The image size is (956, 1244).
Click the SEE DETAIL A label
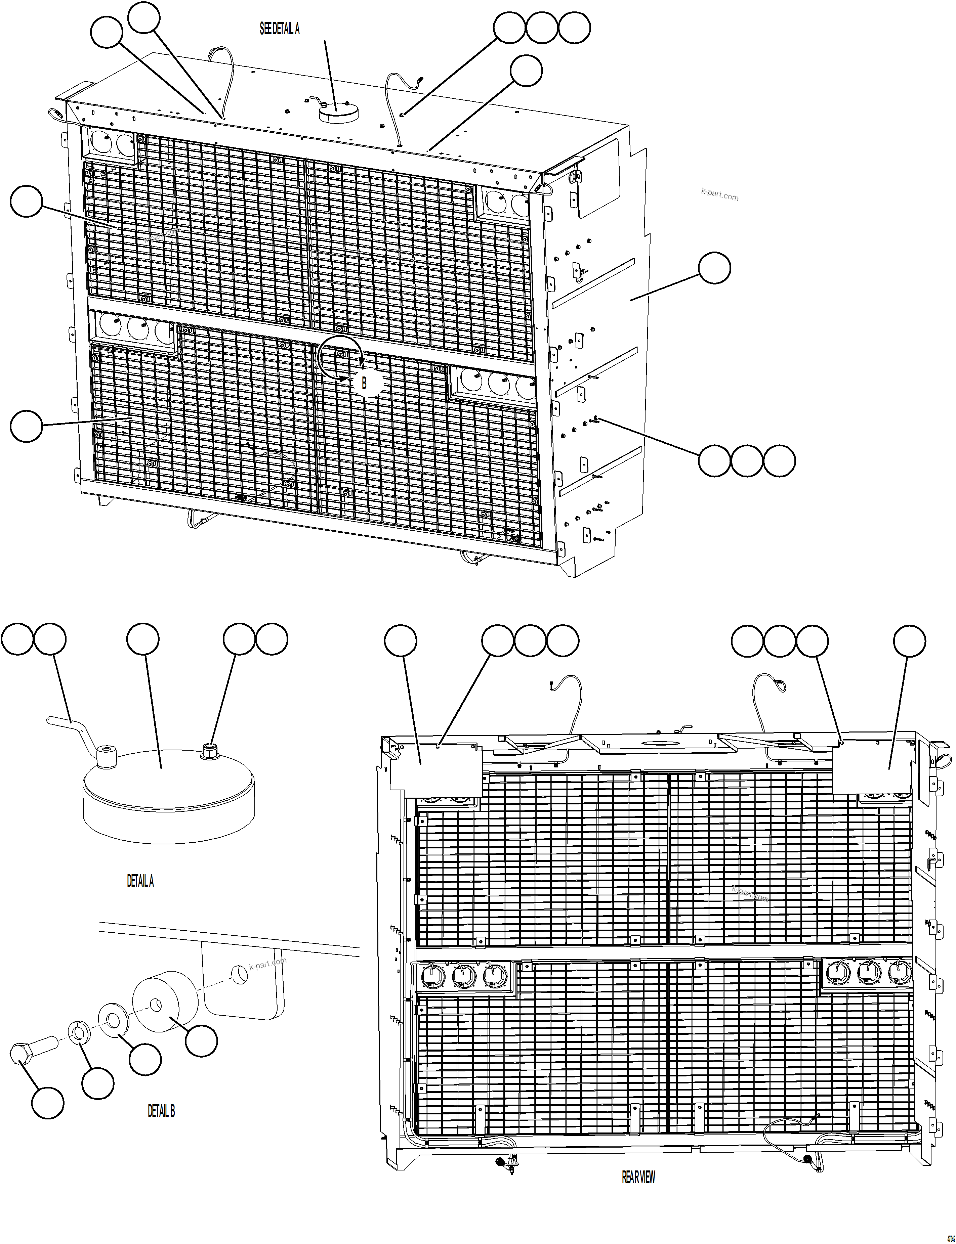click(279, 29)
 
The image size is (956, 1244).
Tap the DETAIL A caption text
click(140, 881)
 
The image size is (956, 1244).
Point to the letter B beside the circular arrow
click(364, 383)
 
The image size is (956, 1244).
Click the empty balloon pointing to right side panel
click(714, 268)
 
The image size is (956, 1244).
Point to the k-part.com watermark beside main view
click(719, 194)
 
